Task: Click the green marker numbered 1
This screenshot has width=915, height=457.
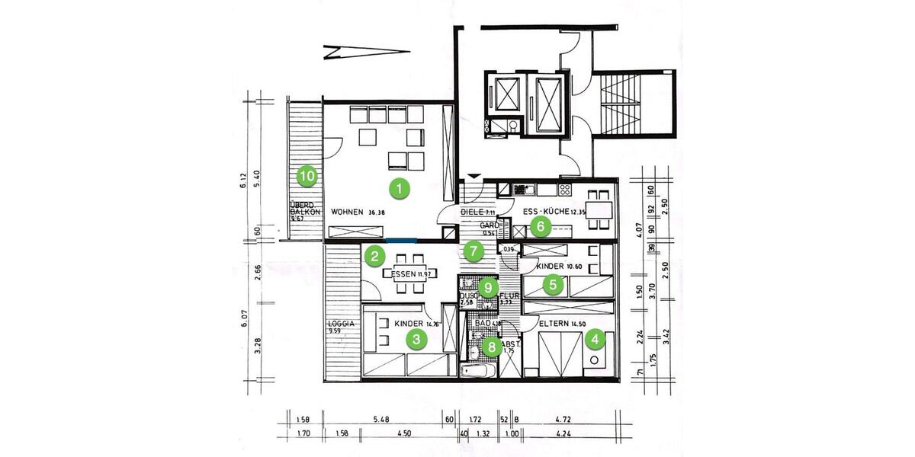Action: (x=396, y=186)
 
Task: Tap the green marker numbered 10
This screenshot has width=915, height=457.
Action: (x=307, y=176)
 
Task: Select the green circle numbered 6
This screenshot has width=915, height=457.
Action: (x=539, y=225)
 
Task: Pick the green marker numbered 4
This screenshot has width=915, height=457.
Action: (x=595, y=337)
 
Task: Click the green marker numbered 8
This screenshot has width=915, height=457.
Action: (x=493, y=347)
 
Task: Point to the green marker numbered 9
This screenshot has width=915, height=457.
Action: (x=489, y=288)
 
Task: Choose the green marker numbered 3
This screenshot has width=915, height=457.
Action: (x=415, y=340)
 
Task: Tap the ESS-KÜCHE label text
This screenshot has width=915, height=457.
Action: (x=542, y=212)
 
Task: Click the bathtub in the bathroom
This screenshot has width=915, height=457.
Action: (x=478, y=371)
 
